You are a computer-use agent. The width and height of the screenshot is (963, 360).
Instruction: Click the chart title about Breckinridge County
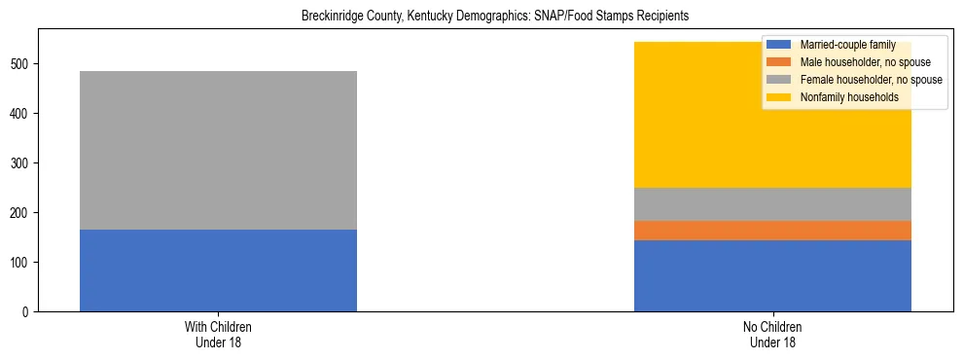tap(495, 17)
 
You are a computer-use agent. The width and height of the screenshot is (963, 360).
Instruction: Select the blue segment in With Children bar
tap(218, 270)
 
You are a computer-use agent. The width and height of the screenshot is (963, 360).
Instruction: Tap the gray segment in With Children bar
tap(218, 150)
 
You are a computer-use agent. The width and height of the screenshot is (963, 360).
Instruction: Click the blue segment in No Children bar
tap(772, 275)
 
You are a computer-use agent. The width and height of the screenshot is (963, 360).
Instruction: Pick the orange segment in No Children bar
tap(772, 231)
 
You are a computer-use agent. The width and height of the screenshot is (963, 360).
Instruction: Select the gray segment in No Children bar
tap(772, 204)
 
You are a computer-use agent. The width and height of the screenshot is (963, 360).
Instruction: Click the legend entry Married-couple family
tap(845, 45)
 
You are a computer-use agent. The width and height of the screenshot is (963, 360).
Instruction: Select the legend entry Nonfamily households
tap(842, 97)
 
